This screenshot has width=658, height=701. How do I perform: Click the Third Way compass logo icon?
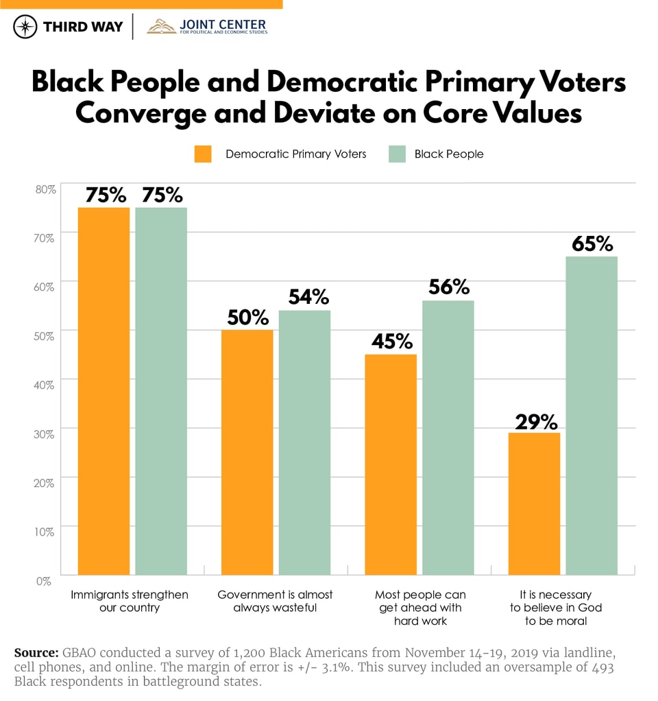tap(25, 27)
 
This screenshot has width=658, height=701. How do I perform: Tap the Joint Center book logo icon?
tap(161, 27)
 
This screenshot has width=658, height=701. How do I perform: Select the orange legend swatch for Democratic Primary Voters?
tap(203, 154)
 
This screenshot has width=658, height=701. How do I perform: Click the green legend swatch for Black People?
tap(398, 154)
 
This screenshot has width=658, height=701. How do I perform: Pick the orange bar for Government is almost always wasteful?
tap(247, 452)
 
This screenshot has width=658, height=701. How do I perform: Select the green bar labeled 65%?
tap(592, 415)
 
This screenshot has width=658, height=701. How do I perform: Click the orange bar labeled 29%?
tap(534, 503)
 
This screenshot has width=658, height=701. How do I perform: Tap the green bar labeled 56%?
tap(448, 437)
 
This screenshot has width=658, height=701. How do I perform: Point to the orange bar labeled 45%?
tap(391, 464)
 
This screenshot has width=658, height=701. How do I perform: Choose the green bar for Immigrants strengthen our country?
tap(161, 391)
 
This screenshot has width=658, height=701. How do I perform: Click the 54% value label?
tap(304, 297)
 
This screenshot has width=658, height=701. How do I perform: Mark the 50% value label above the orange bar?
tap(247, 317)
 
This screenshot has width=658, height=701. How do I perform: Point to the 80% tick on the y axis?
tap(44, 189)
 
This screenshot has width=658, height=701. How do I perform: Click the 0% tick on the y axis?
tap(44, 580)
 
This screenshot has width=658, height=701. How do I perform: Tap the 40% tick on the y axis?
tap(44, 385)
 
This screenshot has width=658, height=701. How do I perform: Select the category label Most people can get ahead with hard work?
tap(419, 607)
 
